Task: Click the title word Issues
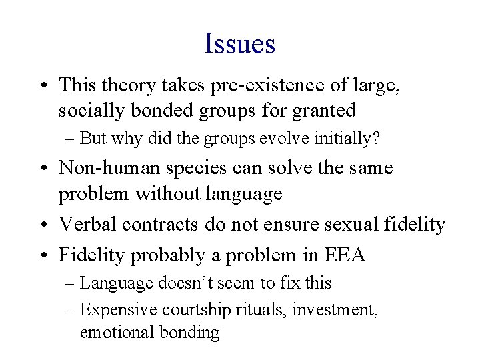[x=240, y=44]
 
